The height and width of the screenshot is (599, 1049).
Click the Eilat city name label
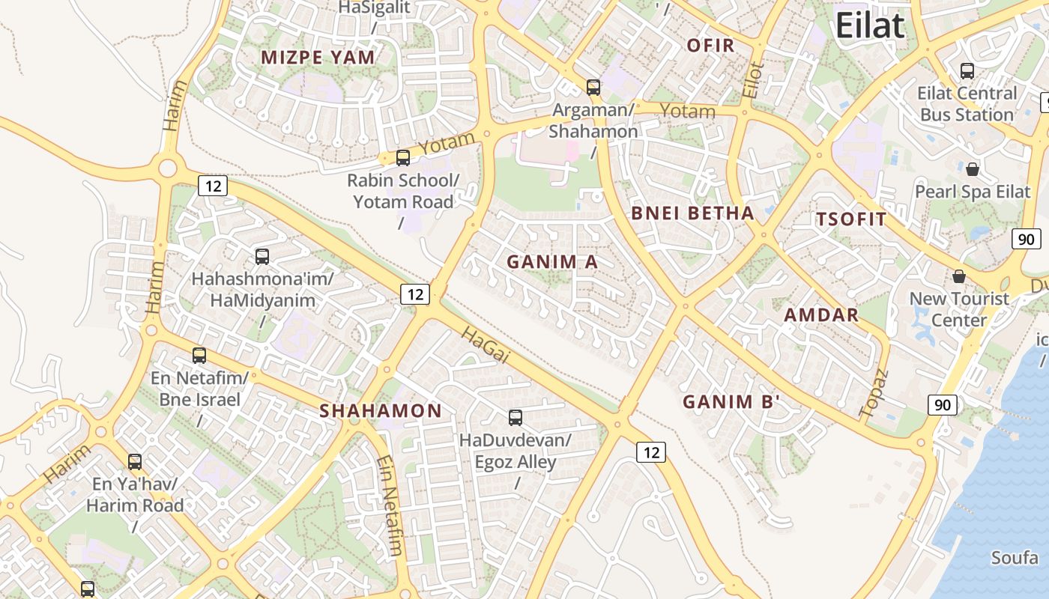coord(869,26)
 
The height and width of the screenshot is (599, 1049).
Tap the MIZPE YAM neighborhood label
coord(318,58)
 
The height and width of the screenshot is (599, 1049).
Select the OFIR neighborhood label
coord(710,46)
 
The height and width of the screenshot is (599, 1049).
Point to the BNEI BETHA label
coord(692,213)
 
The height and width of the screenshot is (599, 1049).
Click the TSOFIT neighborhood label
coord(850,219)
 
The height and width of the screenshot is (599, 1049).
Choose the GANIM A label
coord(552,262)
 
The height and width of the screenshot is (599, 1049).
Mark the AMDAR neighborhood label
coord(821,315)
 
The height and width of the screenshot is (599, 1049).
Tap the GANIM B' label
coord(731,402)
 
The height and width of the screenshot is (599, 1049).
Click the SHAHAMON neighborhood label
coord(381,411)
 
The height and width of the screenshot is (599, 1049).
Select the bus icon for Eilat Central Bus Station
coord(967,71)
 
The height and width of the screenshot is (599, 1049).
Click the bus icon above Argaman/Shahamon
coord(593,88)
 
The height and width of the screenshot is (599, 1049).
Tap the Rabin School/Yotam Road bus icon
coord(403,158)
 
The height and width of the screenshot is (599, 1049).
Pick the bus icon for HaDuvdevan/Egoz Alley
coord(516,418)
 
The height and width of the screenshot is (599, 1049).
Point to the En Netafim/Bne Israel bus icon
coord(199,356)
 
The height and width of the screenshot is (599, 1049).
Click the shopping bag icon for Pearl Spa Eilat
coord(973,169)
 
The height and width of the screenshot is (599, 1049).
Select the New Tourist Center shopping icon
coord(959,276)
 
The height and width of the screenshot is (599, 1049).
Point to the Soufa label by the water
coord(1015,558)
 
